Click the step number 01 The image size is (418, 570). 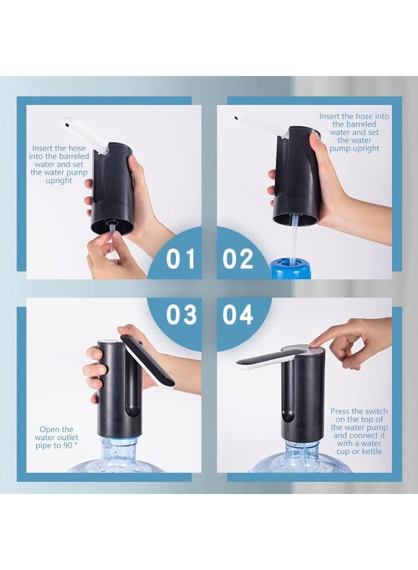[180, 259]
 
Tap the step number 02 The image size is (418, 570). [237, 259]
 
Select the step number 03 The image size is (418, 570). [181, 314]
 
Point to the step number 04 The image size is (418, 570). [237, 314]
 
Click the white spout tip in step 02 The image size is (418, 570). [237, 117]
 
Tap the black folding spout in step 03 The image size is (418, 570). [147, 360]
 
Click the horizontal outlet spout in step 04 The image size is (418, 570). [264, 359]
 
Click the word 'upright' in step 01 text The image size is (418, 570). [59, 180]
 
